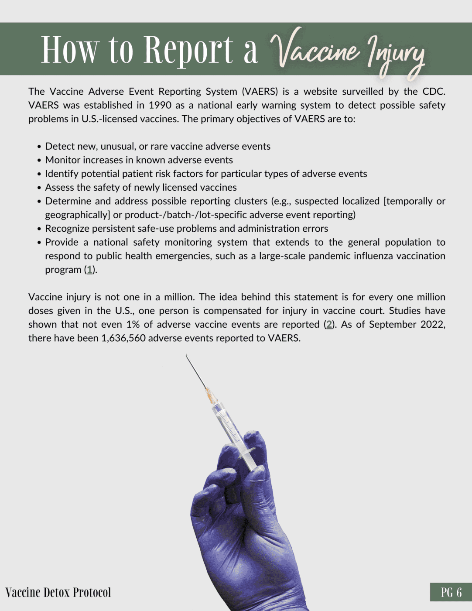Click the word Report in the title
coord(188,50)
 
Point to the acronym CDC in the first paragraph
coord(434,92)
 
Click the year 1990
coord(160,105)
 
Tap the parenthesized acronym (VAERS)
coord(260,92)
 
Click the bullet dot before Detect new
coord(40,147)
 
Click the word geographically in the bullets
coord(77,215)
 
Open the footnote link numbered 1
coord(89,270)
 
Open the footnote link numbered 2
coord(329,325)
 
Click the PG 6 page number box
coord(451,592)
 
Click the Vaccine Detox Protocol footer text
coord(58,592)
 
